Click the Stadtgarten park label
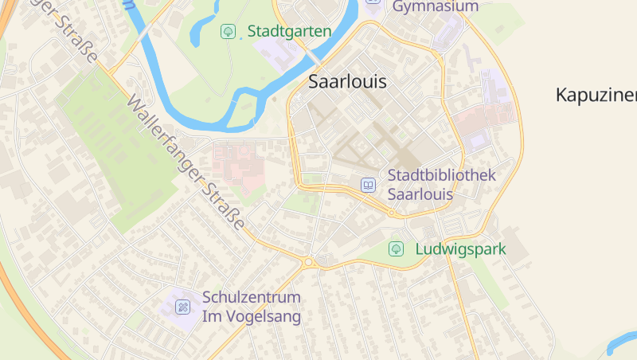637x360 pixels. click(x=289, y=31)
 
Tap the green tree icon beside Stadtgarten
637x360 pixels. click(x=228, y=31)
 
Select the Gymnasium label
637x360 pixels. click(x=435, y=6)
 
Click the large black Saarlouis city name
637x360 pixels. click(x=346, y=81)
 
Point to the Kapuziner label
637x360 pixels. click(x=596, y=95)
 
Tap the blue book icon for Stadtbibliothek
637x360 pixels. click(x=369, y=185)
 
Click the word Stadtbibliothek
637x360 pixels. click(x=442, y=175)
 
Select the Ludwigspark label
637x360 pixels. click(x=460, y=249)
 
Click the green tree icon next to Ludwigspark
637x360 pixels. click(x=395, y=249)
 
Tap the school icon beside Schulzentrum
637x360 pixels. click(x=183, y=307)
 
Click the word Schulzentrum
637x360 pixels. click(x=252, y=297)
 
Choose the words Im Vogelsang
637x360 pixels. click(x=252, y=317)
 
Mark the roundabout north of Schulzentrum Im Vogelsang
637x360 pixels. click(x=308, y=261)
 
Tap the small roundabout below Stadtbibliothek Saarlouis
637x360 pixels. click(x=392, y=213)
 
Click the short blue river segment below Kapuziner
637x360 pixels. click(x=621, y=343)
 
